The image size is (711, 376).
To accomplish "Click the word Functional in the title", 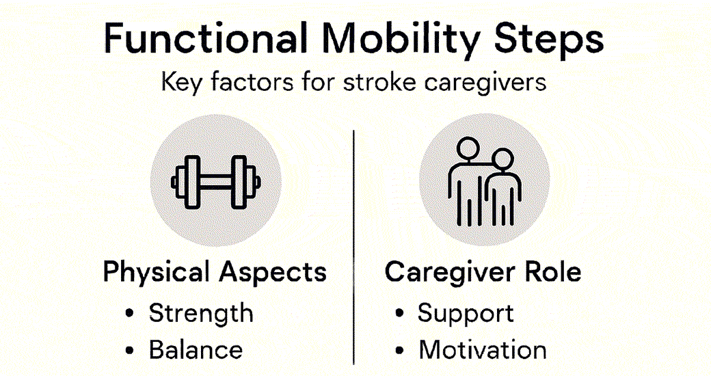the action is (205, 38).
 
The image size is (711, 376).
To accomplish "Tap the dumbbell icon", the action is (216, 183).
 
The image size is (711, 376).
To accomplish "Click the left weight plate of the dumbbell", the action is (191, 183).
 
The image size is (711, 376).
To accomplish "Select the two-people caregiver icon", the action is (484, 182).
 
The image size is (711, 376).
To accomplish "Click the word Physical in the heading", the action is (157, 273).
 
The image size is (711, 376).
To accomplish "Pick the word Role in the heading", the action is (553, 271).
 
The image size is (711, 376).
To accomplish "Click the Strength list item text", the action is (201, 313).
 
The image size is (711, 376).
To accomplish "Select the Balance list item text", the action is (196, 350).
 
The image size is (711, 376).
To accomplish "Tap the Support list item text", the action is (466, 314).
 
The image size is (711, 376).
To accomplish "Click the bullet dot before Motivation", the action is (399, 350).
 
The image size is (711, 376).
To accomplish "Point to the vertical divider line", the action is (353, 247).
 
